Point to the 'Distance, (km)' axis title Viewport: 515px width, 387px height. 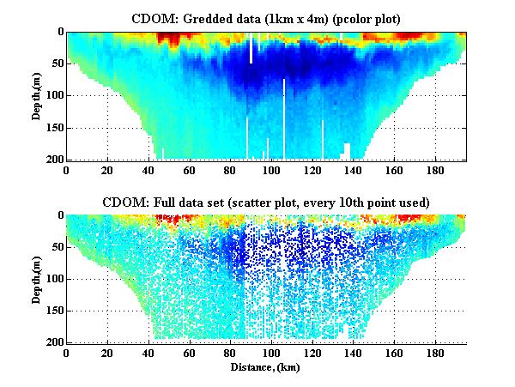tap(266, 366)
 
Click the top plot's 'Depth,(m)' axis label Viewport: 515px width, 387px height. tap(38, 95)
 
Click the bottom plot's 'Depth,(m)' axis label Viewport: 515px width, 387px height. tap(38, 278)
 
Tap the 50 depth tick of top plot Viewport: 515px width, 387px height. tap(56, 63)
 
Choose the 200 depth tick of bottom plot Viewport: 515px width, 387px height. tap(53, 342)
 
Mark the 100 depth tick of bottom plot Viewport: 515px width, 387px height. tap(53, 279)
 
